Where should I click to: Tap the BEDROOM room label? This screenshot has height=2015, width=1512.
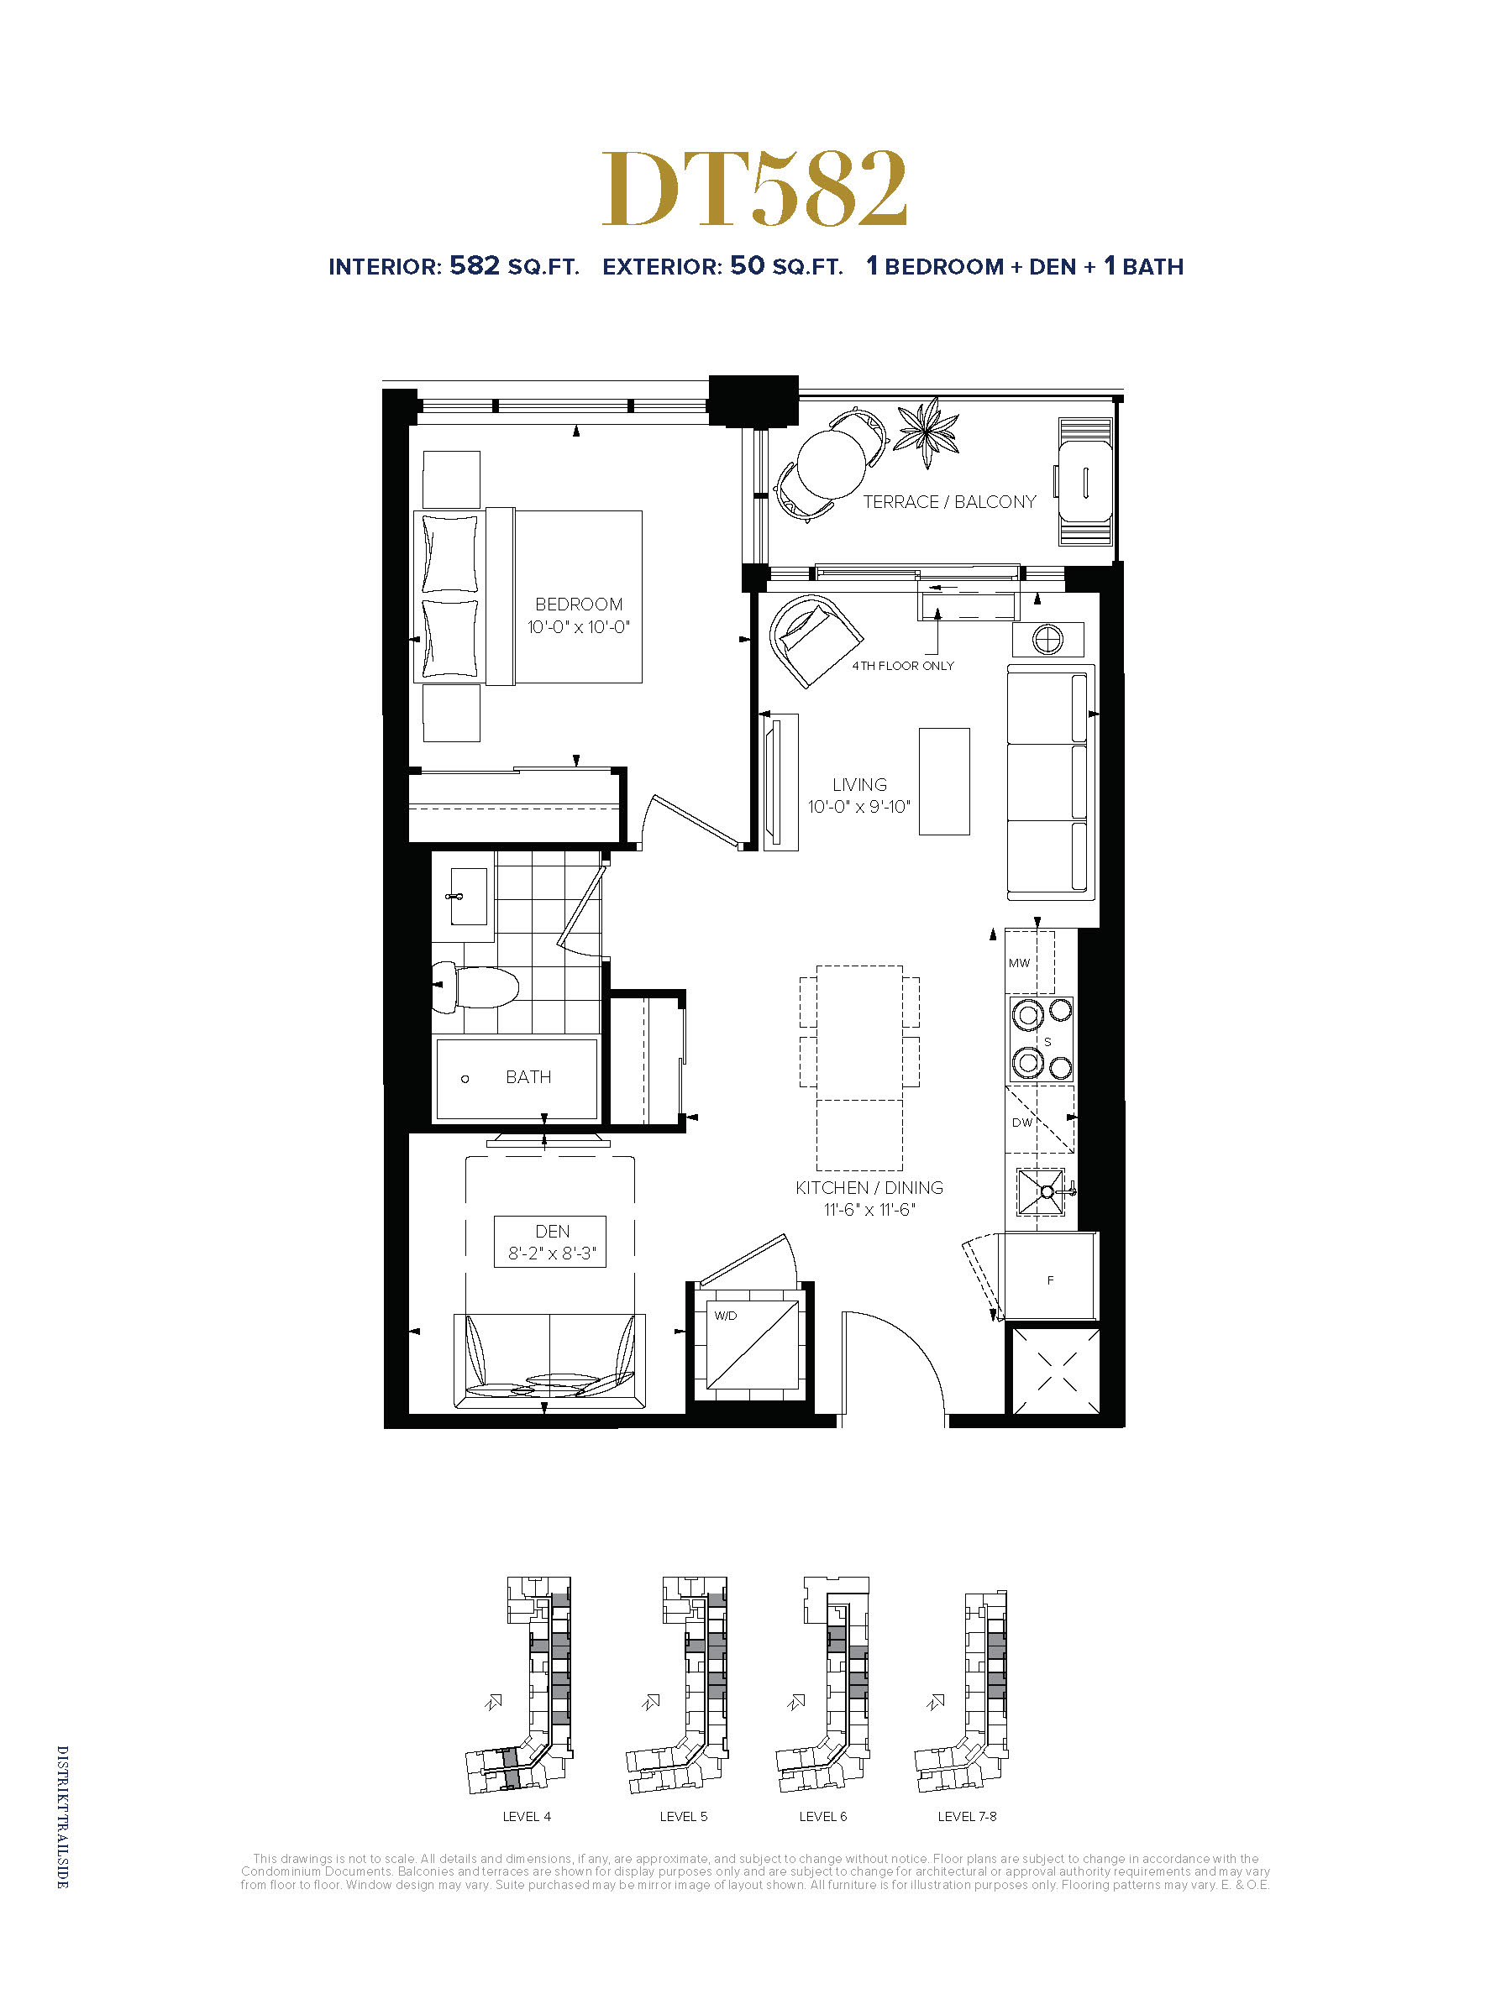(579, 604)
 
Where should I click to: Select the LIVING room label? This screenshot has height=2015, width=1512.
(859, 784)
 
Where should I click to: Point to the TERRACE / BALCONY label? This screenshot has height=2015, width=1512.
(950, 502)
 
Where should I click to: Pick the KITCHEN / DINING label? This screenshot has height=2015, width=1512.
(869, 1188)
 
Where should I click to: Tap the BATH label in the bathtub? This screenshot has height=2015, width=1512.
(528, 1076)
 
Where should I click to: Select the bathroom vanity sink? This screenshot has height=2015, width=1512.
(469, 897)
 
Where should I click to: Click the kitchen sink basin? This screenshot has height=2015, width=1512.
(1041, 1191)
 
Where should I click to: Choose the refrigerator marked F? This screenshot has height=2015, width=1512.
(1050, 1275)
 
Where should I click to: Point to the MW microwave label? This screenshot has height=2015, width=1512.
(1019, 963)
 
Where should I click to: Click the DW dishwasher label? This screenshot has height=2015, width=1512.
(1022, 1123)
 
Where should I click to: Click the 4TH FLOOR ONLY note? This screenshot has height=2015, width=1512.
(903, 666)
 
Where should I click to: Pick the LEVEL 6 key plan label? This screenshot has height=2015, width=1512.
(823, 1816)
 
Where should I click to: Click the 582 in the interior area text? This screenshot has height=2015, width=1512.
(475, 265)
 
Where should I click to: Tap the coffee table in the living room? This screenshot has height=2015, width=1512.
(944, 782)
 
